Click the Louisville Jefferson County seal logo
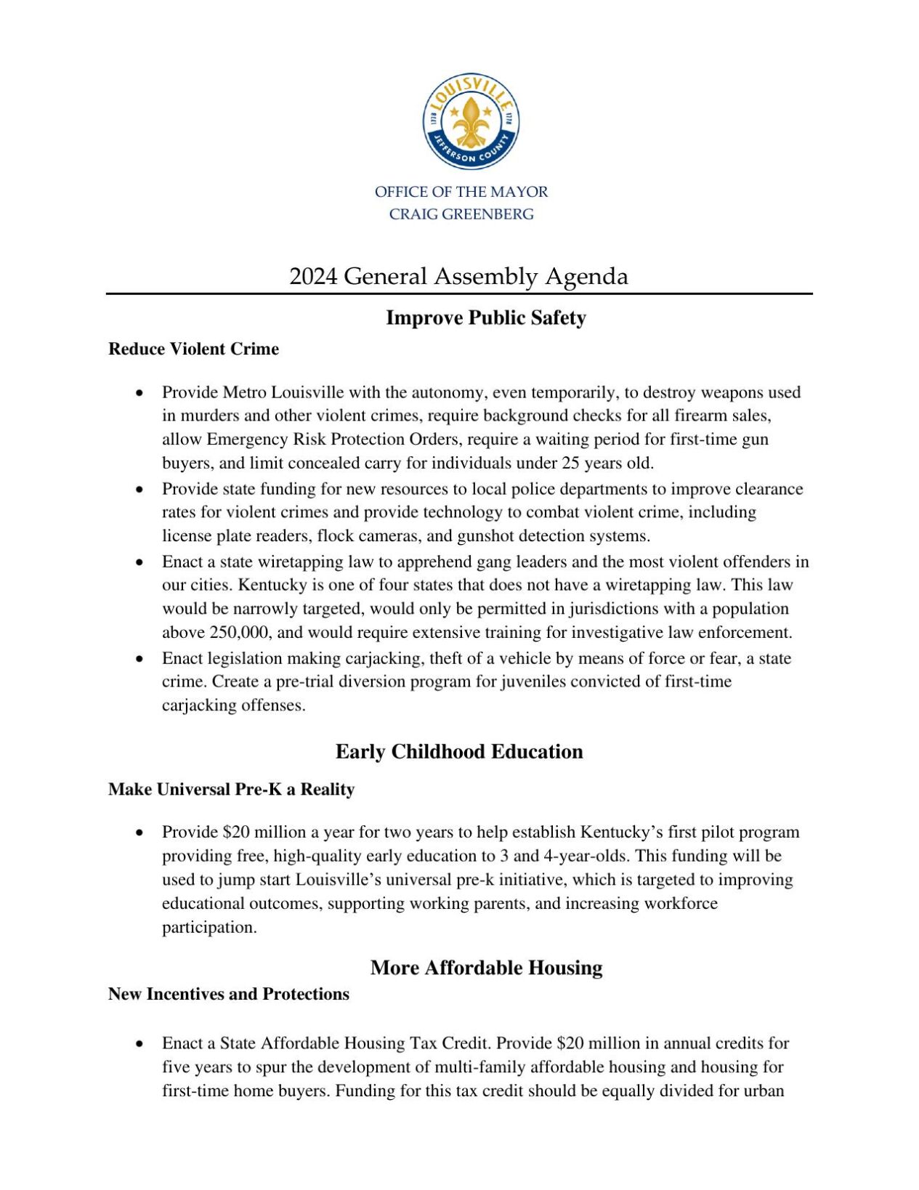click(x=471, y=121)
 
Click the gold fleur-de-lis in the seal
click(x=471, y=120)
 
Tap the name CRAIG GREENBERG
click(x=461, y=214)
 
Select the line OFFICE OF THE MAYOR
click(x=461, y=192)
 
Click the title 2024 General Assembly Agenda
click(x=458, y=277)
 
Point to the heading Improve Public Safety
click(x=485, y=317)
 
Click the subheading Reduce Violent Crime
click(x=193, y=349)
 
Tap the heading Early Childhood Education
click(x=459, y=751)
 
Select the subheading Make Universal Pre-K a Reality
click(x=231, y=790)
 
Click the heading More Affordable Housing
click(x=486, y=968)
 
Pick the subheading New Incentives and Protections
click(x=228, y=994)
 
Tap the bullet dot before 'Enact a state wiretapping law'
click(x=139, y=562)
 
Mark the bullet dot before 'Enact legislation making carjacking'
click(x=139, y=659)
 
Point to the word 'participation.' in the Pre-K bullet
click(x=209, y=928)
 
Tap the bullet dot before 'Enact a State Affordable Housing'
click(x=139, y=1044)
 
